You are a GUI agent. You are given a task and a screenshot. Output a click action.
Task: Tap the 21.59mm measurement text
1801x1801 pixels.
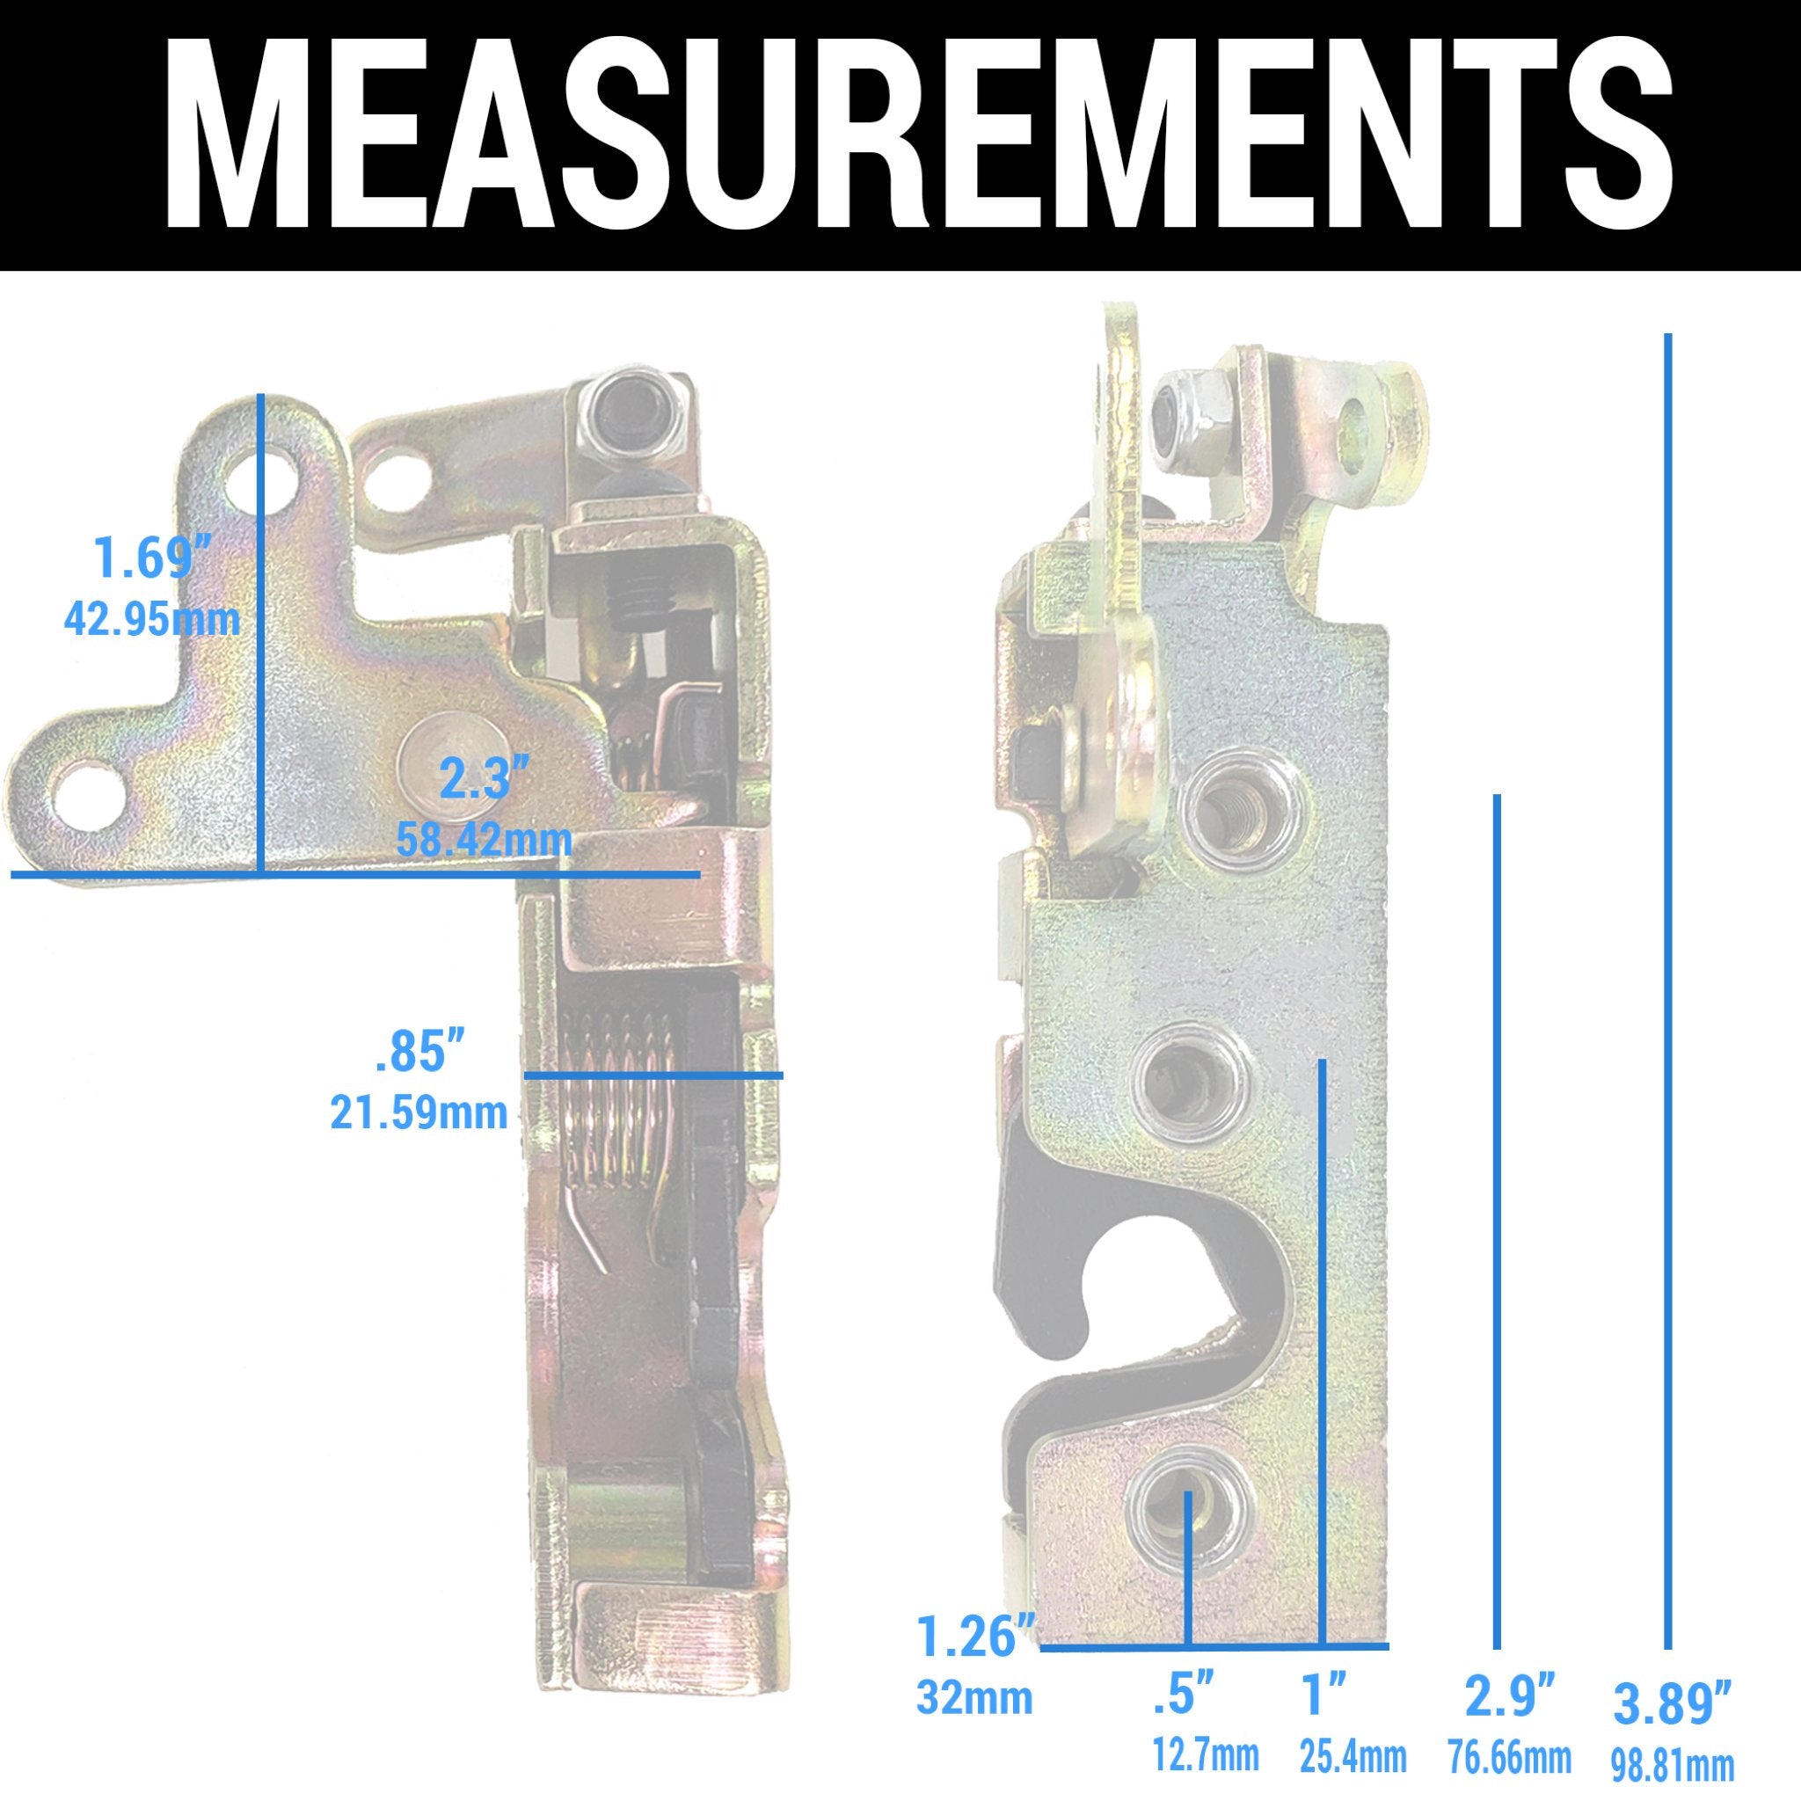pyautogui.click(x=419, y=1113)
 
